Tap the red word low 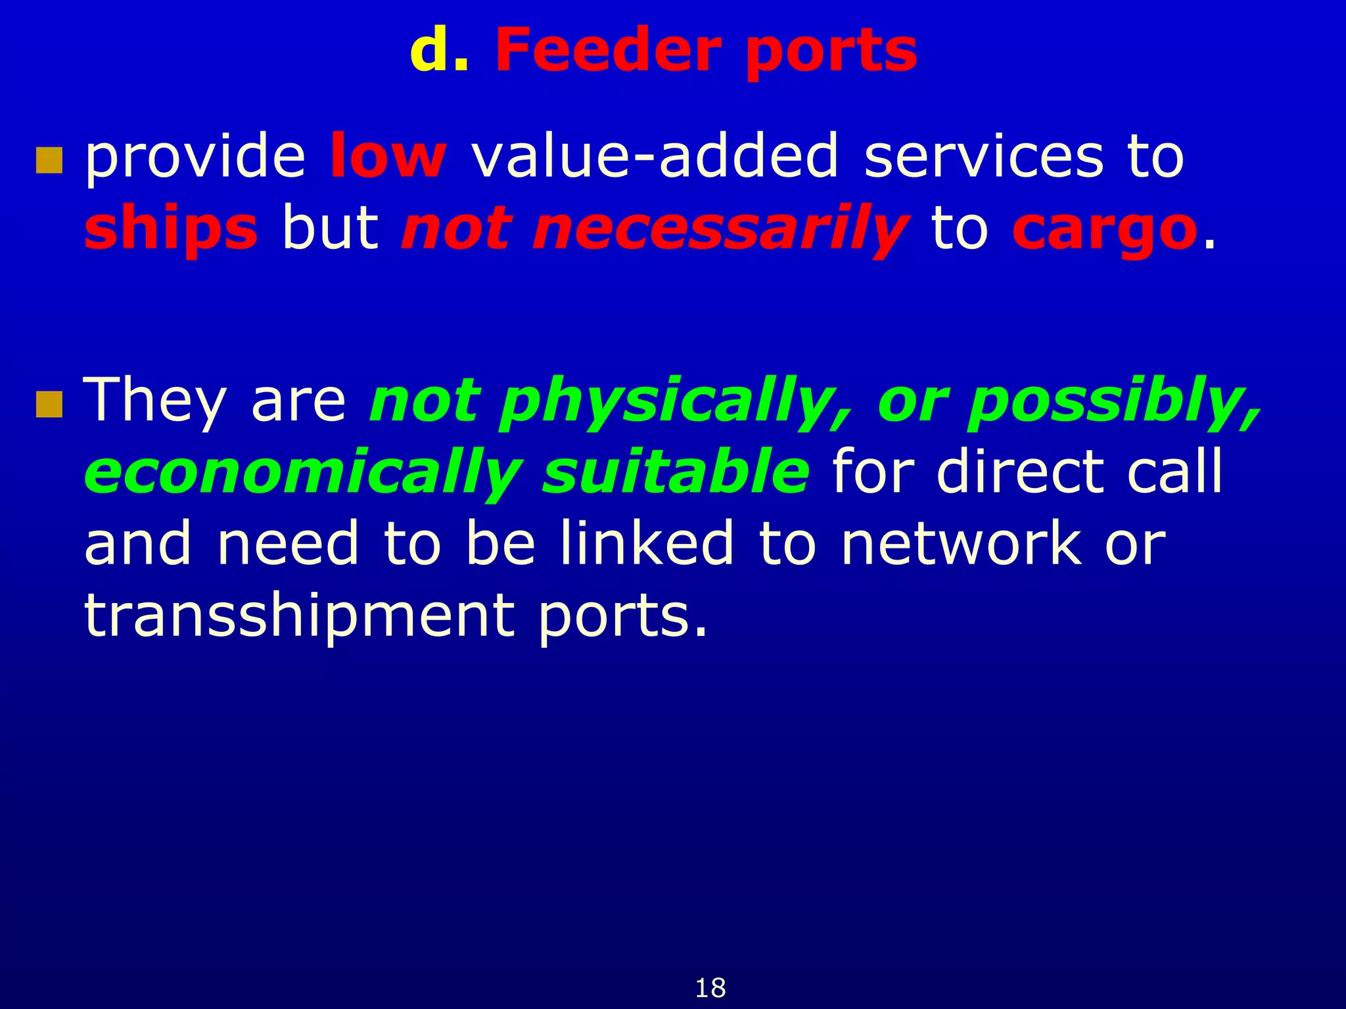point(388,156)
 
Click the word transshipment point(299,616)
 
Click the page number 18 point(710,988)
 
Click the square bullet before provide point(49,160)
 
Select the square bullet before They point(49,405)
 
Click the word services point(983,156)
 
